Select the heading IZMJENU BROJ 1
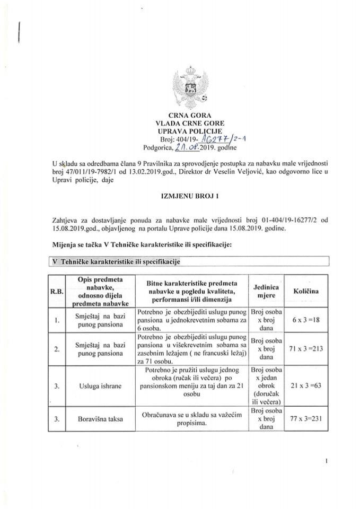[x=180, y=196]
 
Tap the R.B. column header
[x=56, y=291]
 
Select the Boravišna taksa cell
[x=99, y=419]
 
